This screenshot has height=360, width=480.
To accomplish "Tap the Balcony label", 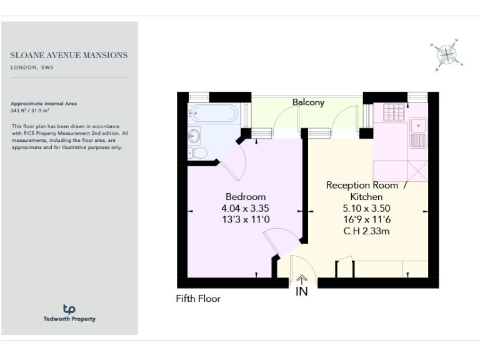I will tap(309, 102).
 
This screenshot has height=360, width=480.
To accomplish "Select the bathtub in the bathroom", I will tap(214, 113).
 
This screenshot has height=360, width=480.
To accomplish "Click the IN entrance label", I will tap(302, 291).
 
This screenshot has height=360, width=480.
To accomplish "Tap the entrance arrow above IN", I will tap(302, 280).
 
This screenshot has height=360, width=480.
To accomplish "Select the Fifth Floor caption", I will tap(198, 299).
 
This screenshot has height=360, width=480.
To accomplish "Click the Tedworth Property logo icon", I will tap(69, 309).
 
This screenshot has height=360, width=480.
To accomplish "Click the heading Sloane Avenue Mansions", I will tap(69, 55).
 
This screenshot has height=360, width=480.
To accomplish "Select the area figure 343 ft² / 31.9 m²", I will tap(31, 110).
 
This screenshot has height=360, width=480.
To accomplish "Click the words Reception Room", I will tap(362, 186).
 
